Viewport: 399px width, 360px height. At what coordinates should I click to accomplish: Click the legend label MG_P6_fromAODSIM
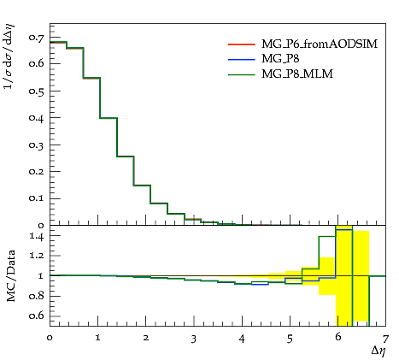[320, 44]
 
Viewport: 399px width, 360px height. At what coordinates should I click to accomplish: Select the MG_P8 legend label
[280, 59]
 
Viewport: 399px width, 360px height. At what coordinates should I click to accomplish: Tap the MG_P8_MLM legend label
[297, 74]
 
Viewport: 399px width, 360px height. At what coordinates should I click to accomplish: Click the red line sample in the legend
[242, 44]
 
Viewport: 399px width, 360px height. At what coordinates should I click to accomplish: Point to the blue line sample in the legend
[242, 59]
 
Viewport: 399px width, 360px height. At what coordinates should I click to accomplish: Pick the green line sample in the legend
[242, 74]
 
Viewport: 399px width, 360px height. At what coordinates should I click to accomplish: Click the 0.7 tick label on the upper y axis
[36, 38]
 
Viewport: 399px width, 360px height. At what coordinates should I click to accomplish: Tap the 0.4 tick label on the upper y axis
[36, 118]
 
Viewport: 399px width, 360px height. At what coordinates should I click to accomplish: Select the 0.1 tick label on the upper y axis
[36, 198]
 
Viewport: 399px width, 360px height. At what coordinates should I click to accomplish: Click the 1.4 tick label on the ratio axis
[37, 236]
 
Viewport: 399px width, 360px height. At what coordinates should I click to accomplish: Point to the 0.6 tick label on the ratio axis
[36, 316]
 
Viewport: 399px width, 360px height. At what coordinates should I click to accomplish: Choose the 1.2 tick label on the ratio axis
[37, 256]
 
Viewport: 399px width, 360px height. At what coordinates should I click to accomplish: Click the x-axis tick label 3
[194, 339]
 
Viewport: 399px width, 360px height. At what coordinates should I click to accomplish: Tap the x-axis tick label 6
[337, 337]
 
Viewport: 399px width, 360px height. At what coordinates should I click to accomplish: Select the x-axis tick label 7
[385, 339]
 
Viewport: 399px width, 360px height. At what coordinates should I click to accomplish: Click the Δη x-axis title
[378, 351]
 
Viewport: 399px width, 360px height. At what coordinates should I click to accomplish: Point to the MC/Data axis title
[10, 276]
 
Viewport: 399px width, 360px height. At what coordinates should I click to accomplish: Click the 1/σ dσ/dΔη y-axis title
[9, 56]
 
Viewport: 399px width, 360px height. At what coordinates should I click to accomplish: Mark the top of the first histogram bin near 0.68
[58, 42]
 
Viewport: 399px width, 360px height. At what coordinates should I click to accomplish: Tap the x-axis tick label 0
[50, 338]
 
